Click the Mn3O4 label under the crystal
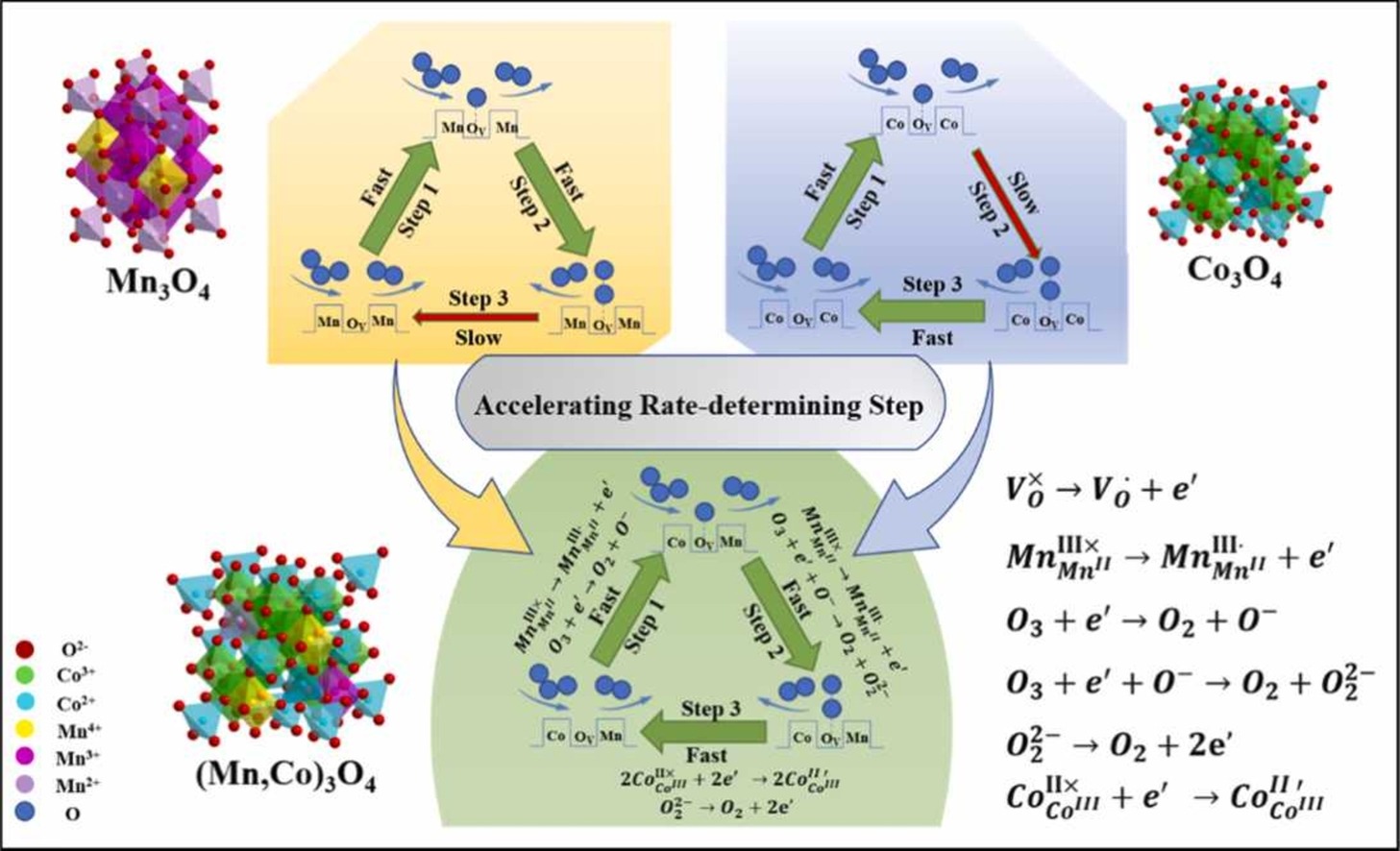(x=158, y=283)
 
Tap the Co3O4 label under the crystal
(x=1234, y=270)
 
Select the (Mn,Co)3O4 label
(x=285, y=774)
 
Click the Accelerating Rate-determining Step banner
(x=699, y=405)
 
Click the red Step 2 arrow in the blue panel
(x=1006, y=202)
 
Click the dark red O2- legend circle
(x=25, y=649)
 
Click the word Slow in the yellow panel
(x=478, y=338)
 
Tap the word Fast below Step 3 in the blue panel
(x=931, y=337)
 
